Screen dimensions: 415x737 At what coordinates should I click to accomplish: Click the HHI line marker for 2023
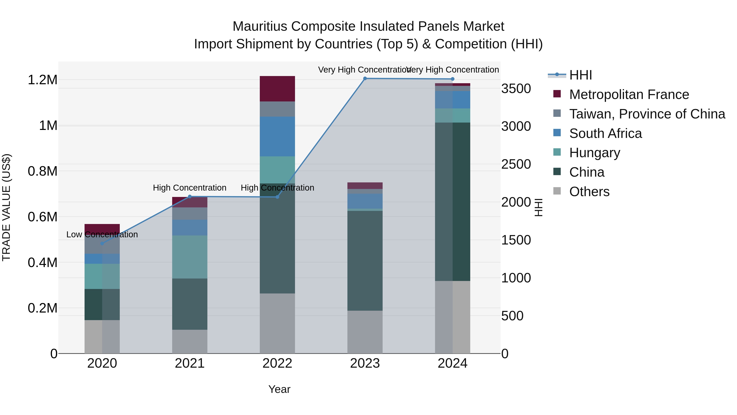(x=365, y=78)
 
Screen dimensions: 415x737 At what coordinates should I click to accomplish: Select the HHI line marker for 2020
(x=102, y=243)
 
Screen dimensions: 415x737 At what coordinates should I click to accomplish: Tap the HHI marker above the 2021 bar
(x=190, y=197)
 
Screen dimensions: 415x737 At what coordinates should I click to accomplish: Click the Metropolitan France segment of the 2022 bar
(x=277, y=89)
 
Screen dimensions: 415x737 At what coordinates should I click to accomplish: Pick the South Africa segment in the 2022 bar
(x=277, y=136)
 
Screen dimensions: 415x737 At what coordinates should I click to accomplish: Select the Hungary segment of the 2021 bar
(x=190, y=257)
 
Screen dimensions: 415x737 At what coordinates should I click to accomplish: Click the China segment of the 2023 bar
(x=365, y=261)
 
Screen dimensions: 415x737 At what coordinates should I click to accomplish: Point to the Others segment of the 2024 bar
(x=452, y=317)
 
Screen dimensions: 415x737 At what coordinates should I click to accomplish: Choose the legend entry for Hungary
(x=595, y=153)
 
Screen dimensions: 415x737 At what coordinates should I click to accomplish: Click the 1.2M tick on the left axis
(x=42, y=80)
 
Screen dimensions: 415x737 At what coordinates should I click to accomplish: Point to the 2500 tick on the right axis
(x=516, y=164)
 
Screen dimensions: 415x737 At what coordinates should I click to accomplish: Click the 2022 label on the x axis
(x=277, y=363)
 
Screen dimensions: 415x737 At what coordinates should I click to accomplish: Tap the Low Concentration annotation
(x=102, y=235)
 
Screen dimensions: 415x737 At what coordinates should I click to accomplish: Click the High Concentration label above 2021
(x=190, y=188)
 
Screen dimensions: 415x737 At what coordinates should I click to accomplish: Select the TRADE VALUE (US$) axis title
(x=7, y=207)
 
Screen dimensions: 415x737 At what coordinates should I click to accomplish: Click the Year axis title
(x=279, y=389)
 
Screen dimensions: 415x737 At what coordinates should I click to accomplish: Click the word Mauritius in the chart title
(x=260, y=26)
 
